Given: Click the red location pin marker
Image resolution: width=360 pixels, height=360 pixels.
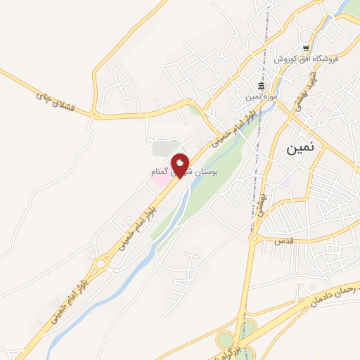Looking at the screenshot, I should (x=181, y=165).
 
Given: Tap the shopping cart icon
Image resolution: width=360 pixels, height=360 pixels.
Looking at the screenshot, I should (x=305, y=49).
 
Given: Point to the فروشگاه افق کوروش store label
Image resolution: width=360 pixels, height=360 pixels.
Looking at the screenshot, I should (x=311, y=59).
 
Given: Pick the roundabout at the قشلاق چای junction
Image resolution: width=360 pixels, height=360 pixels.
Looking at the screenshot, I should (x=94, y=113).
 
